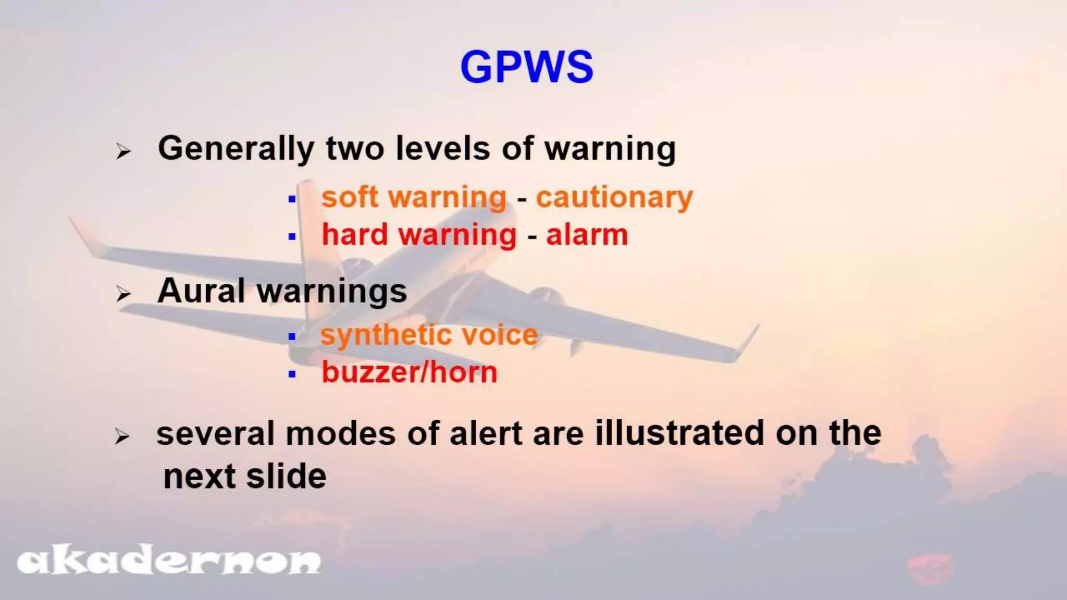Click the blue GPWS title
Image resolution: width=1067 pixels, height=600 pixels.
527,67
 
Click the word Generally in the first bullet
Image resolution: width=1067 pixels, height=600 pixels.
235,149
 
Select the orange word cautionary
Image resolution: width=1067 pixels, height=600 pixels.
614,198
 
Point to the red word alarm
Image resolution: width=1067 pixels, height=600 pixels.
587,235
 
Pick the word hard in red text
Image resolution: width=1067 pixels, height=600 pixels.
355,234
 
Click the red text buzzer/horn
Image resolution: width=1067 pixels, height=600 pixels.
410,372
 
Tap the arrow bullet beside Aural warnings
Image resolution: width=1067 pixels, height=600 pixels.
123,294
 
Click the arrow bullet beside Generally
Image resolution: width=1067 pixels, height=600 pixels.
123,152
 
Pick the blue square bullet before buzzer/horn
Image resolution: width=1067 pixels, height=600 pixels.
292,374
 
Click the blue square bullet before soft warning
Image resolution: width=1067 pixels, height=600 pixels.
292,199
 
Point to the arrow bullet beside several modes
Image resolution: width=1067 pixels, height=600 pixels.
122,436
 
